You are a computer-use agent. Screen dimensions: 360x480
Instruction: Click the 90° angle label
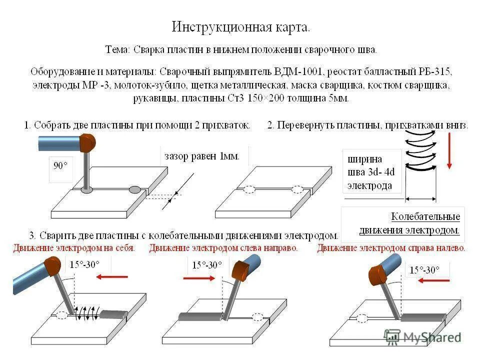[61, 166]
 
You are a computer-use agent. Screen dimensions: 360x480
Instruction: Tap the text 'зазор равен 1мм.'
[202, 156]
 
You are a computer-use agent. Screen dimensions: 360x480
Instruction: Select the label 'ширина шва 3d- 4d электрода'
[371, 172]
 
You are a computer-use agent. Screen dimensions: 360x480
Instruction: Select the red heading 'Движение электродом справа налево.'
[391, 248]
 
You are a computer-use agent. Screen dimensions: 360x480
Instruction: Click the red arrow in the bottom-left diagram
[112, 276]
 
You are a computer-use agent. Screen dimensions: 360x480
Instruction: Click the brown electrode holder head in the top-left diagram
[87, 143]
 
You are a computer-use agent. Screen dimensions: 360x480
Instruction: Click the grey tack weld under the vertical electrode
[86, 190]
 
